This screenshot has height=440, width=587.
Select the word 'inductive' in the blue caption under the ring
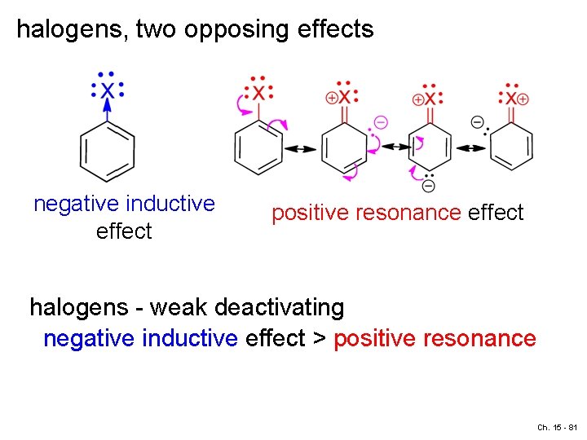(168, 203)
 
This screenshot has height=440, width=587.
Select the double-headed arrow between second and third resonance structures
(398, 147)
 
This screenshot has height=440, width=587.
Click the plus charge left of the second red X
(331, 98)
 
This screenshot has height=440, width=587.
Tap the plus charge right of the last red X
(523, 99)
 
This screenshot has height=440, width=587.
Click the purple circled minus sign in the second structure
(381, 121)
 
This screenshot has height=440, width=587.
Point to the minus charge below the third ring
(429, 187)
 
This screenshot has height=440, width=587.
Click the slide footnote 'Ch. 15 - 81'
(557, 427)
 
